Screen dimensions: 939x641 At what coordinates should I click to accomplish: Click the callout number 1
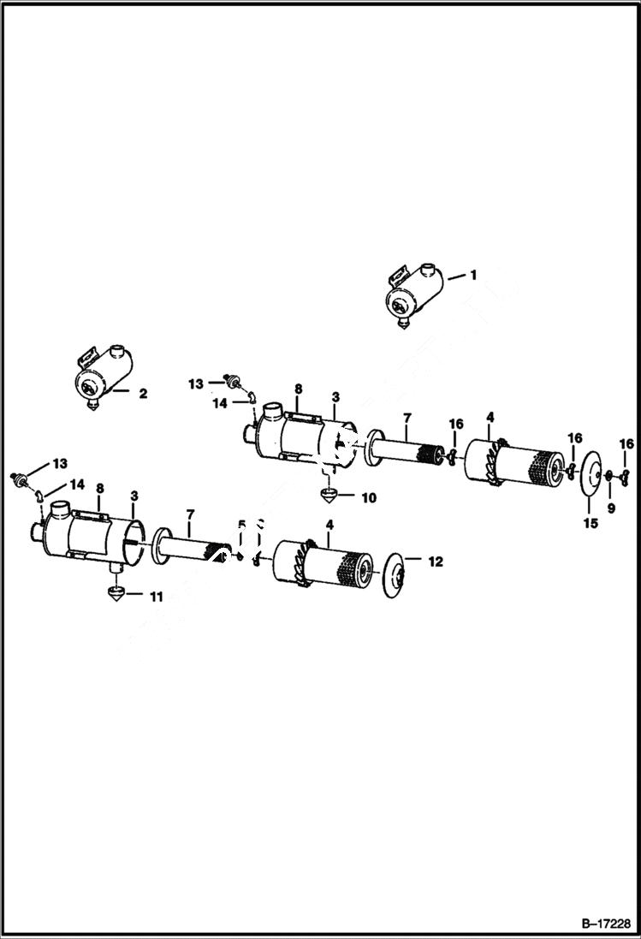tap(472, 275)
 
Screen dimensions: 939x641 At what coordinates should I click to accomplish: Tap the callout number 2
tap(143, 394)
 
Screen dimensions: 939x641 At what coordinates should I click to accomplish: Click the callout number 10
tap(370, 497)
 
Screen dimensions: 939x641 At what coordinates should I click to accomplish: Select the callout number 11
tap(155, 596)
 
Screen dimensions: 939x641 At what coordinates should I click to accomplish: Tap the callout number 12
tap(436, 562)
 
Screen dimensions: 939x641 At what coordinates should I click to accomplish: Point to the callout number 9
tap(610, 508)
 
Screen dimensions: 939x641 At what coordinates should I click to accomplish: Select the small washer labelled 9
tap(608, 476)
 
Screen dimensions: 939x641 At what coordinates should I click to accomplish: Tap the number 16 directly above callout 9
tap(627, 443)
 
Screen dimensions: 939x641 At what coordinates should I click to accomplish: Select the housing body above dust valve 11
tap(90, 538)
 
